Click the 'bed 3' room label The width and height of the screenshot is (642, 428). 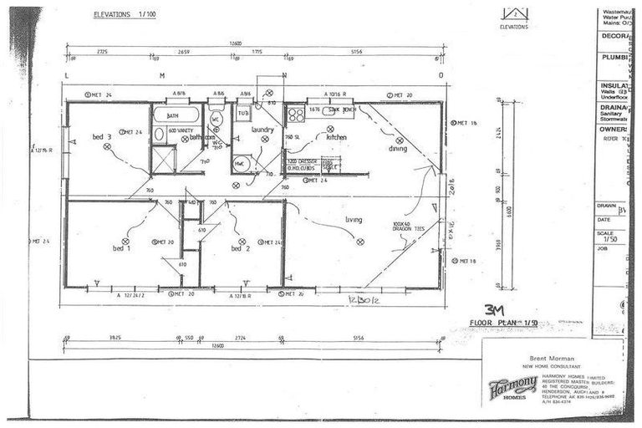(x=101, y=136)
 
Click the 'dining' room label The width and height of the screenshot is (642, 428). (x=398, y=149)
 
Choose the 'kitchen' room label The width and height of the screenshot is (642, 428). (x=336, y=137)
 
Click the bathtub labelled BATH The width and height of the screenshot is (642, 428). (x=176, y=115)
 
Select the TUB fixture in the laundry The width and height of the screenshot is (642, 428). (x=243, y=112)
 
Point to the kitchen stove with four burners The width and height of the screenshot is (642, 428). (x=295, y=114)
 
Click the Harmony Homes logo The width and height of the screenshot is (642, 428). (x=512, y=386)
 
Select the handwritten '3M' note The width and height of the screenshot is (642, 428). (x=495, y=308)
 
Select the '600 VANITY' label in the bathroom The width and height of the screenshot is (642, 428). (x=181, y=131)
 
